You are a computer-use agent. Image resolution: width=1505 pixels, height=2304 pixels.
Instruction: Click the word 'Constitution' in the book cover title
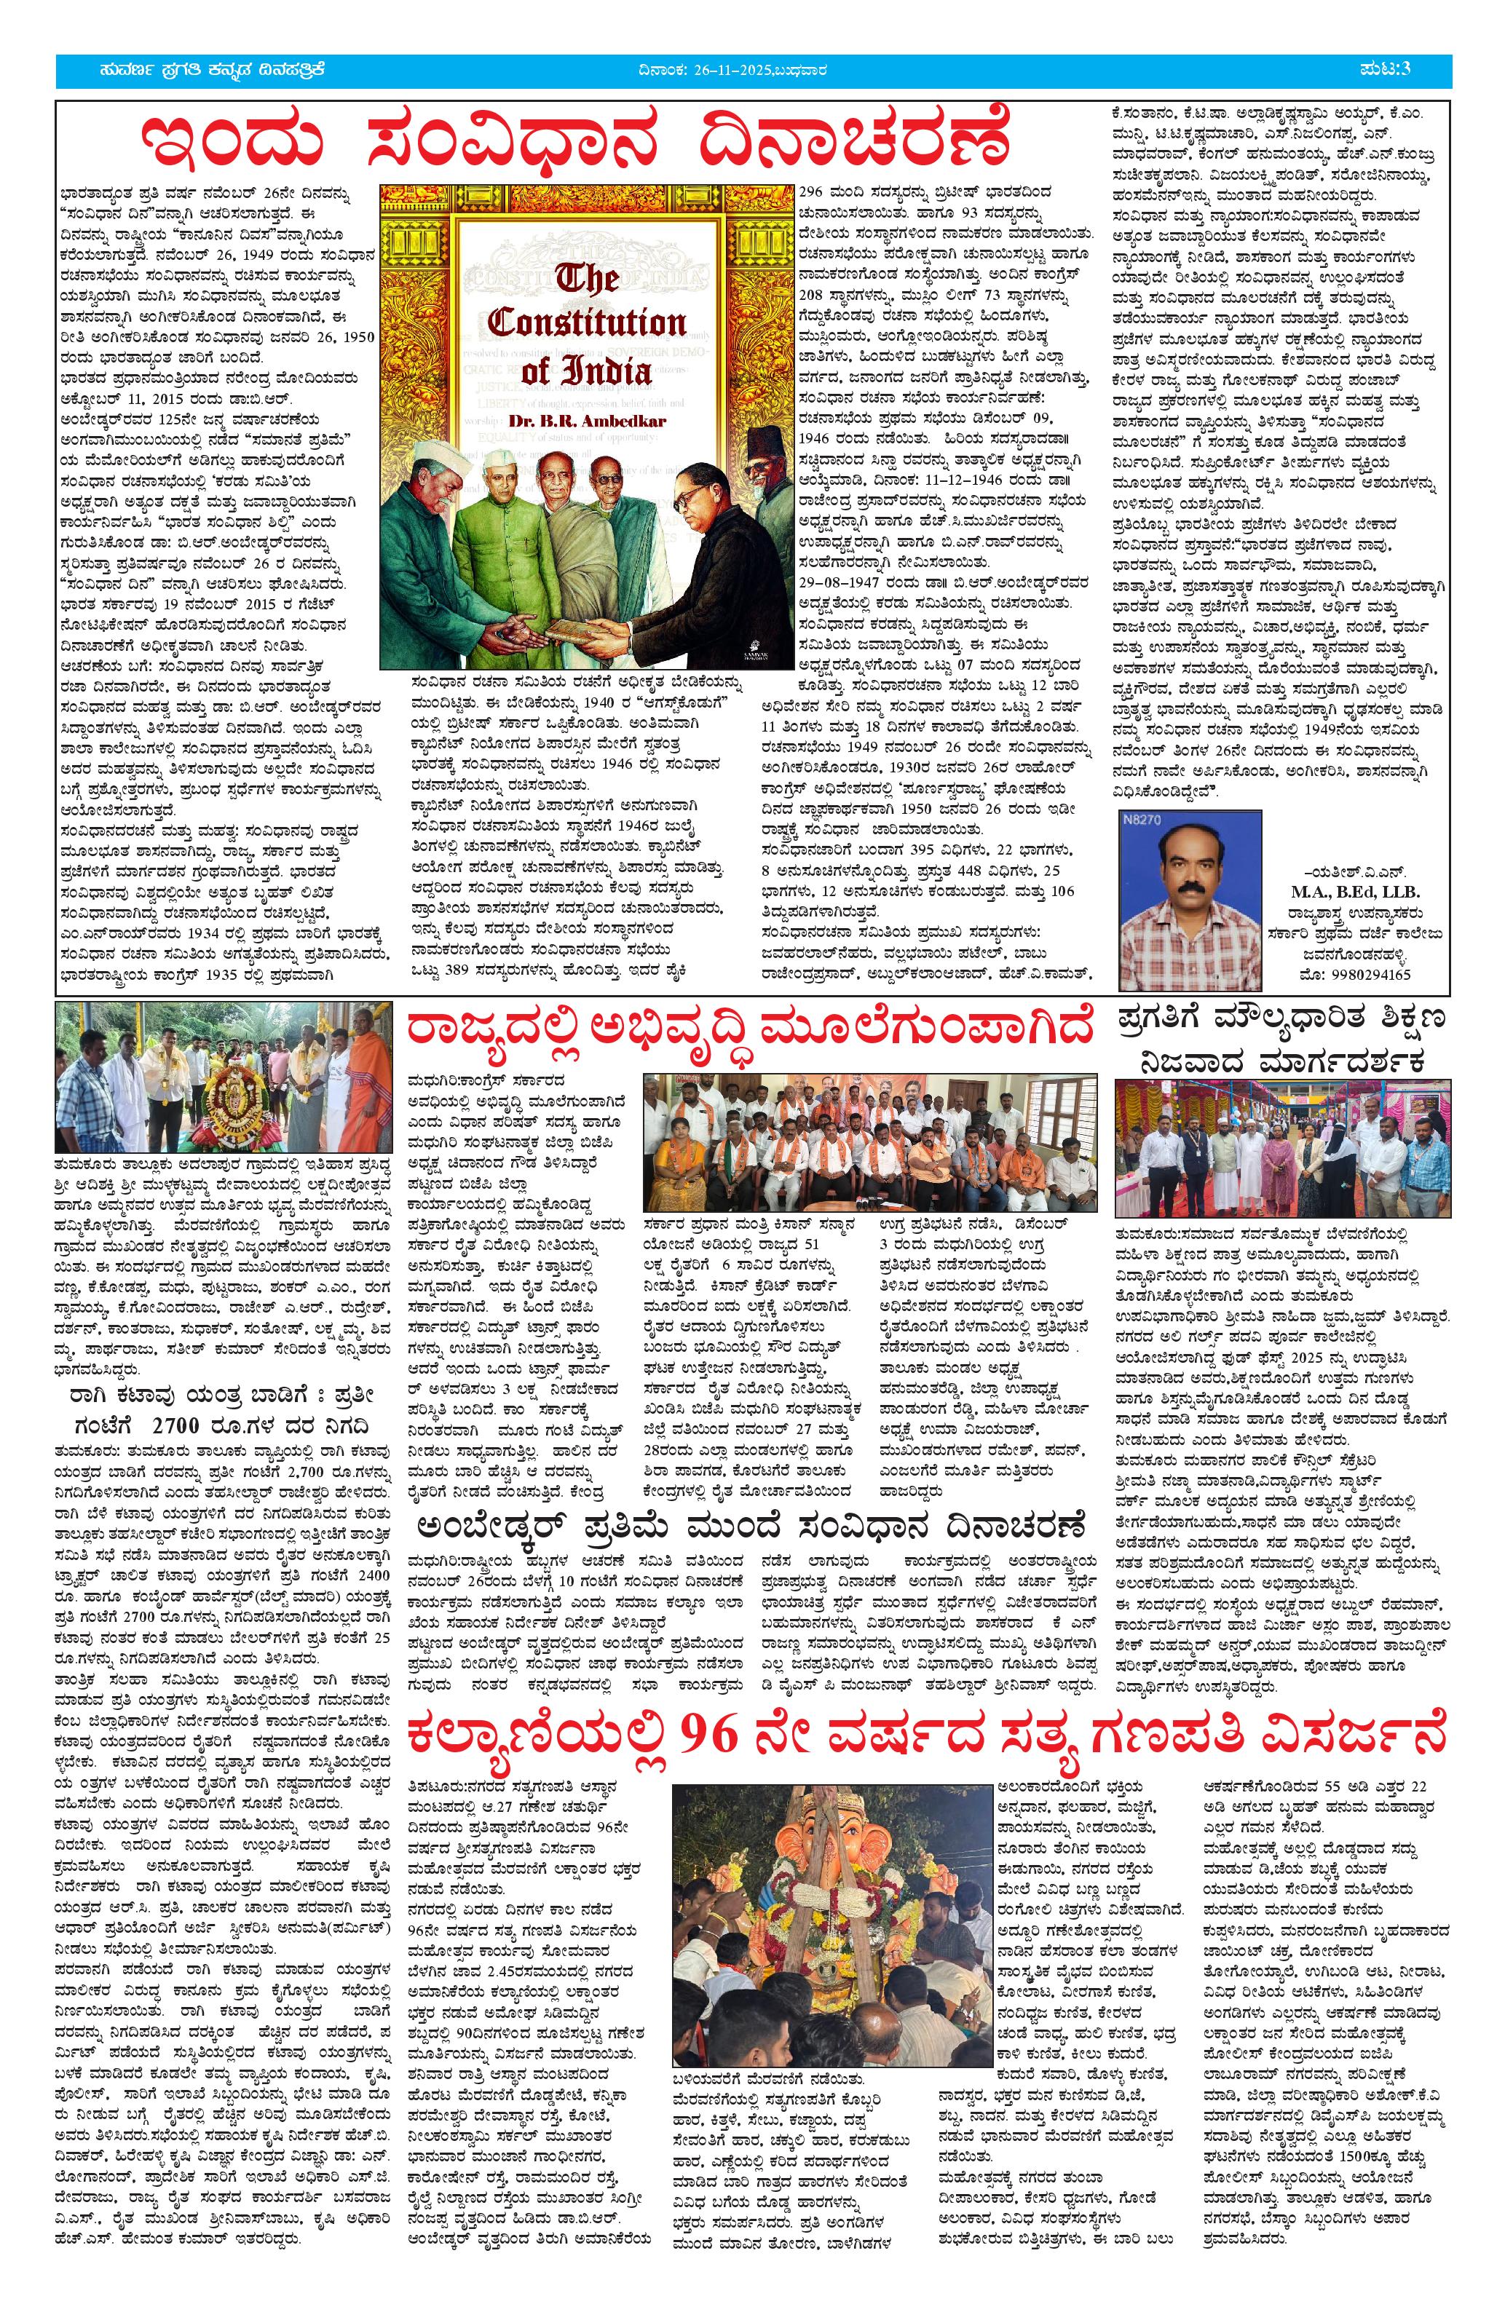[x=587, y=323]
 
